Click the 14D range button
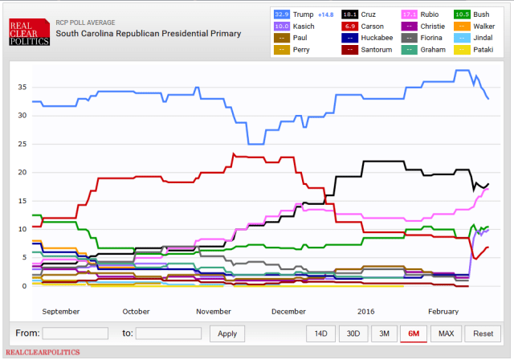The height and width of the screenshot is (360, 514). pyautogui.click(x=320, y=333)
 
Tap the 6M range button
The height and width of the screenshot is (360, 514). pyautogui.click(x=413, y=333)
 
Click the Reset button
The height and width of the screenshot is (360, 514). pyautogui.click(x=482, y=333)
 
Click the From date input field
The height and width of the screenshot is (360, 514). pyautogui.click(x=75, y=333)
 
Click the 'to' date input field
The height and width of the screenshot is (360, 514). pyautogui.click(x=168, y=333)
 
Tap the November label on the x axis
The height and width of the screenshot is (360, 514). pyautogui.click(x=214, y=311)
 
